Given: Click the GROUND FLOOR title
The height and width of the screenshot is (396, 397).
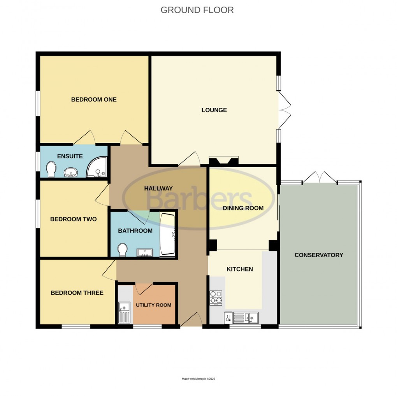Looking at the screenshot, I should point(197,10).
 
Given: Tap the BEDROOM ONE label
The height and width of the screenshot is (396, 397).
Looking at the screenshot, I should point(94,100).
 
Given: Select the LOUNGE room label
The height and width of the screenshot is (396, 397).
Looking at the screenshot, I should point(214,110).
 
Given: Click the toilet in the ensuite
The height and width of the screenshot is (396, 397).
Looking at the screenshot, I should point(51,170).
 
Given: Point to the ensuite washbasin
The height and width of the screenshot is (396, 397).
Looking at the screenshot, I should point(70,172).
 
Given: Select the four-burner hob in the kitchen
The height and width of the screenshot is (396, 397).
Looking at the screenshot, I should point(216,298).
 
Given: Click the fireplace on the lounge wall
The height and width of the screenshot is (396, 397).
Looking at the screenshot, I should point(224,161).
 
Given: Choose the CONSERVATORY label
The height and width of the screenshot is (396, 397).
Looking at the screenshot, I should point(319,255).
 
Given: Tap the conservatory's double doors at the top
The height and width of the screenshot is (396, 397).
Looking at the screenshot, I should point(320,178).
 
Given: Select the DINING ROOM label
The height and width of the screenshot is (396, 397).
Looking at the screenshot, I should point(243,208).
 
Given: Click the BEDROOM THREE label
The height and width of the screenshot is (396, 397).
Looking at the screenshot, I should point(77,293).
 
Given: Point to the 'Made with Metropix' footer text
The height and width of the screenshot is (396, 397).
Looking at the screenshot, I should point(198,379).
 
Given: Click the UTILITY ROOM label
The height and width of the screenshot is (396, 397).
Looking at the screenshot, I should point(153,305).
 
